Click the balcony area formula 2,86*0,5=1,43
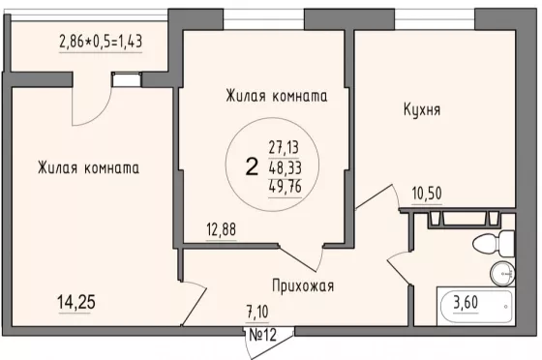click(101, 41)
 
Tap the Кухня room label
click(422, 110)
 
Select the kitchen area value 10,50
click(427, 194)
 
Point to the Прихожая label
click(303, 286)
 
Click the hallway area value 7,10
click(257, 312)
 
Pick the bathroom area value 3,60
click(466, 302)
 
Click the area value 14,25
click(76, 302)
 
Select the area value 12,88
click(222, 229)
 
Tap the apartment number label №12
click(263, 335)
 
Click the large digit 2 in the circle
click(252, 166)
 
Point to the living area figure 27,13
click(284, 147)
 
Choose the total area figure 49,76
click(286, 187)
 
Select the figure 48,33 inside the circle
click(286, 167)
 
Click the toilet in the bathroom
click(494, 244)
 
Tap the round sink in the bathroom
click(502, 273)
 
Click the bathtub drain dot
click(505, 307)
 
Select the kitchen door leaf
click(375, 196)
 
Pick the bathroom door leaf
click(399, 272)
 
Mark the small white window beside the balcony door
click(126, 79)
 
